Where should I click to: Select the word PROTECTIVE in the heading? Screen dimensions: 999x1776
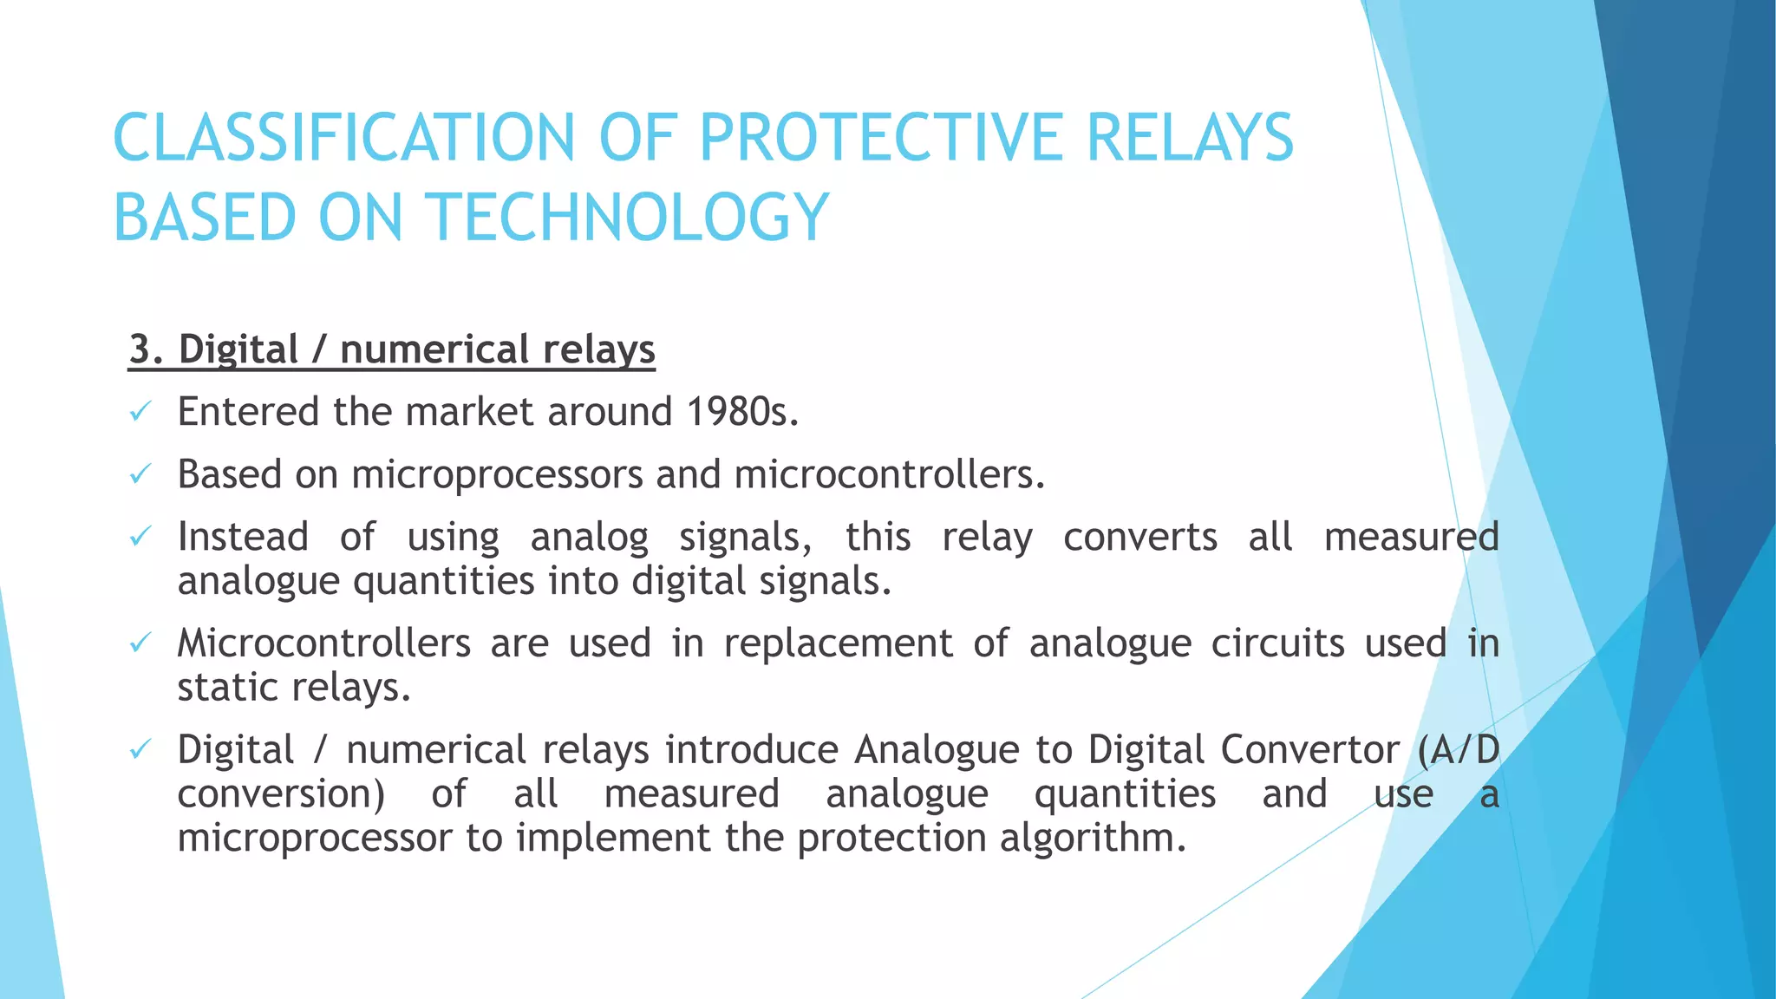pos(880,139)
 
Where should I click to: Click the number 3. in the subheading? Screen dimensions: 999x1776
pos(147,350)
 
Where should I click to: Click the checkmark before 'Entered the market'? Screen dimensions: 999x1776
pos(140,412)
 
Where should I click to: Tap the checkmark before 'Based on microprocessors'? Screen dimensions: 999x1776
pos(140,474)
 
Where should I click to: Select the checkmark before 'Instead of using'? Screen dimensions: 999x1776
pos(140,537)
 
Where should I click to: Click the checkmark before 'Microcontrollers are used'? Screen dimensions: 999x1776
pos(140,643)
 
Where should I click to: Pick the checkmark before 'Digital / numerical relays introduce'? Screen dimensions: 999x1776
pos(140,749)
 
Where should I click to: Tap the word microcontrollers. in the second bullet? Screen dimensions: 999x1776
pos(889,474)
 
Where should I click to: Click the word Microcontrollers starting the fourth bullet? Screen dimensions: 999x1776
pos(323,643)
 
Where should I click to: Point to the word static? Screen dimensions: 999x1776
pos(228,688)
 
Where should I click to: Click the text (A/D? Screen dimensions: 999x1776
pos(1458,750)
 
